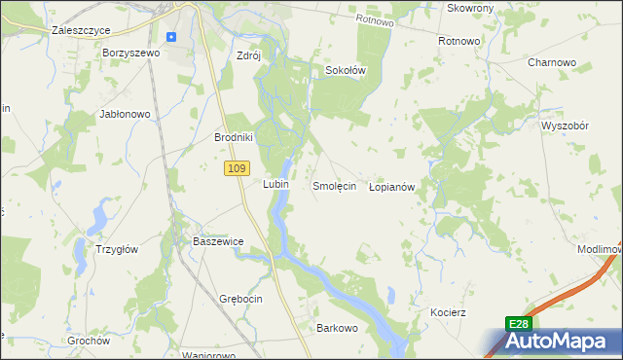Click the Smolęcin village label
(x=334, y=185)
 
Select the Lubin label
(x=275, y=183)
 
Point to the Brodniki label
(x=234, y=137)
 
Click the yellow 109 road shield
(x=233, y=169)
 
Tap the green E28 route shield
(x=518, y=324)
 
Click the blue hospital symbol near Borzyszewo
(x=171, y=37)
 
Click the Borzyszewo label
(x=130, y=53)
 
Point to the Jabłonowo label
(x=125, y=114)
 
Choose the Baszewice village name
(x=217, y=240)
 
